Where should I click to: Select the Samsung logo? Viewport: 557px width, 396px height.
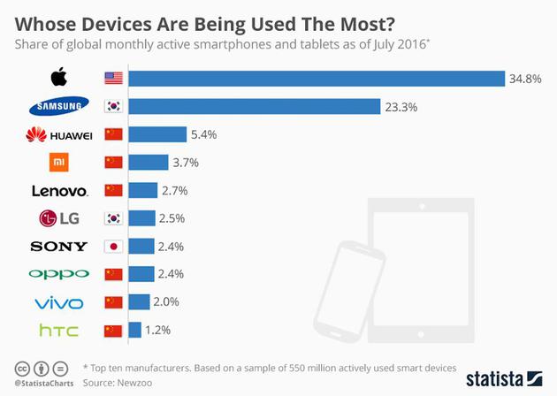coord(59,108)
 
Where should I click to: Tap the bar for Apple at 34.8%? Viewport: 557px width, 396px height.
coord(317,79)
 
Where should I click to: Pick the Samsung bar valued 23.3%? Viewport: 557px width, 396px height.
coord(255,107)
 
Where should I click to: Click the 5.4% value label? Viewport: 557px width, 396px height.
coord(203,135)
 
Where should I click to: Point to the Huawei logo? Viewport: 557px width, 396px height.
coord(59,135)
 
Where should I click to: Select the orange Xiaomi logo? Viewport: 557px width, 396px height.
coord(59,163)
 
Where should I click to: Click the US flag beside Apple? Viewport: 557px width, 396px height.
coord(113,79)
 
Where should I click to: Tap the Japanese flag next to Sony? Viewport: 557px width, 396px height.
coord(113,247)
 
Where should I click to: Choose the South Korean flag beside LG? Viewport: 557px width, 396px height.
coord(113,218)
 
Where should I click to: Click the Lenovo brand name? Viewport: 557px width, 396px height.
coord(59,191)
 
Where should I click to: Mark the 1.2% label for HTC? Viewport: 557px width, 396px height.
coord(158,330)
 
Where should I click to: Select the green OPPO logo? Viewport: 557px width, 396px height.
coord(59,274)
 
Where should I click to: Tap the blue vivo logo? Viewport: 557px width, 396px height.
coord(59,302)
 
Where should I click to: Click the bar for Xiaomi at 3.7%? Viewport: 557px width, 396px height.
coord(149,163)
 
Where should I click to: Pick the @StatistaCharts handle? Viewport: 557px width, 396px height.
coord(43,385)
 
